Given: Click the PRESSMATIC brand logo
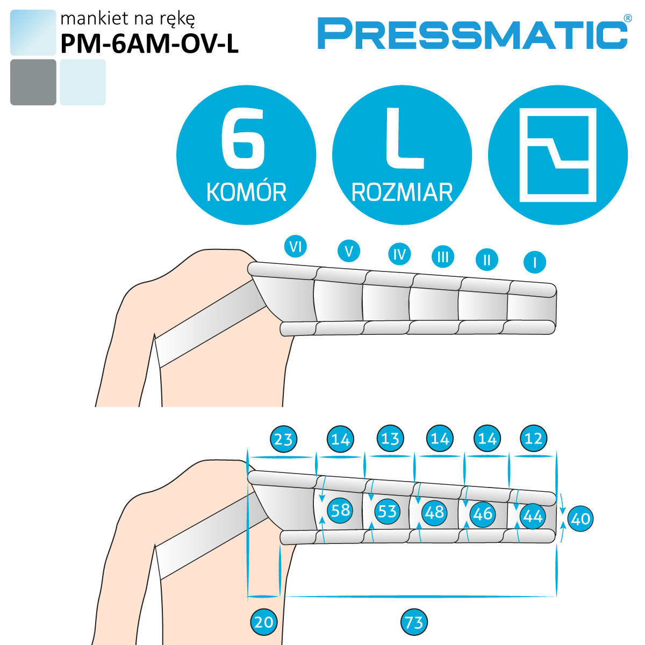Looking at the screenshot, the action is pyautogui.click(x=474, y=33).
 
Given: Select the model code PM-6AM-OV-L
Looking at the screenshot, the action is pyautogui.click(x=149, y=44).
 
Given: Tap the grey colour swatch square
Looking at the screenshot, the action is pyautogui.click(x=33, y=82).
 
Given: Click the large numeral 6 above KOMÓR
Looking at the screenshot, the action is pyautogui.click(x=243, y=138).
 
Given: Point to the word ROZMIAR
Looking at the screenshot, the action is pyautogui.click(x=402, y=192).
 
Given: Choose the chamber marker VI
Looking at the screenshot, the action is pyautogui.click(x=295, y=247).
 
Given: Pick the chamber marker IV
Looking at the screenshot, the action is pyautogui.click(x=399, y=254).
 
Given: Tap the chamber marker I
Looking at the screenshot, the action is pyautogui.click(x=535, y=262).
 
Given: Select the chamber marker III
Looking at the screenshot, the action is pyautogui.click(x=443, y=257).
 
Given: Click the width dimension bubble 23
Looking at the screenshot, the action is pyautogui.click(x=283, y=439).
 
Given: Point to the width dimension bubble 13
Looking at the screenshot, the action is pyautogui.click(x=390, y=438).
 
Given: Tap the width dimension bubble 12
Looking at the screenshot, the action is pyautogui.click(x=534, y=438).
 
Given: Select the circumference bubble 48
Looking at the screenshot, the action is pyautogui.click(x=434, y=512).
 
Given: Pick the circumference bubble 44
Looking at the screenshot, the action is pyautogui.click(x=533, y=517).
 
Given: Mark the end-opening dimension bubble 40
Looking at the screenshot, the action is pyautogui.click(x=580, y=519).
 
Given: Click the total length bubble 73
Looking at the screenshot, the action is pyautogui.click(x=414, y=622).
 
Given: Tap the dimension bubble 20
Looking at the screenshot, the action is pyautogui.click(x=264, y=622).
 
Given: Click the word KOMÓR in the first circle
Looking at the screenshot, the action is pyautogui.click(x=246, y=192).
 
